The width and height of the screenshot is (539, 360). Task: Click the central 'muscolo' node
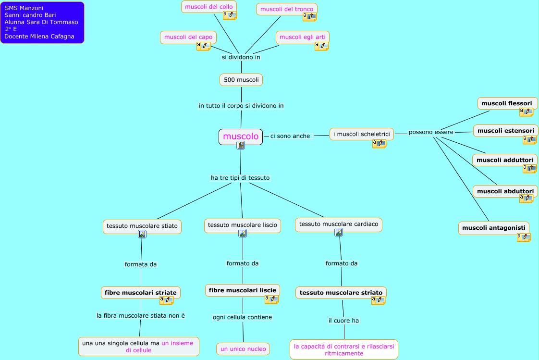tap(241, 137)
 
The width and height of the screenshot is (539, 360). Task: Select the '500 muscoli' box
tap(241, 80)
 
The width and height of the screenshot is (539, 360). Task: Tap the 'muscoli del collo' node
tap(208, 7)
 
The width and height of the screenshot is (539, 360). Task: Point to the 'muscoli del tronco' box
tap(287, 9)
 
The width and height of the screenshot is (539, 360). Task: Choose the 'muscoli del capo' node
tap(188, 37)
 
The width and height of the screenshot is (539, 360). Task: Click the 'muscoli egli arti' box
tap(303, 37)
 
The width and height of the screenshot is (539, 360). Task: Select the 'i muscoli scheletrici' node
tap(362, 134)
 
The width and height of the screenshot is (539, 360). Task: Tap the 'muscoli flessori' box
tap(507, 103)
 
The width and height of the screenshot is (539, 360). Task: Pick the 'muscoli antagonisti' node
tap(494, 228)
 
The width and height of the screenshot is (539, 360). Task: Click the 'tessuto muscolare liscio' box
tap(242, 225)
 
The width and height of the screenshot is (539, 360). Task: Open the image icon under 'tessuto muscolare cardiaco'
tap(339, 233)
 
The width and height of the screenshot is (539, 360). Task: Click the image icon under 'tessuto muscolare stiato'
tap(142, 234)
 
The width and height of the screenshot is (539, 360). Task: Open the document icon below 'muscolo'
tap(241, 145)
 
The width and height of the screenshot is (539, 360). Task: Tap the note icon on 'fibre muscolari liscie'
tap(271, 299)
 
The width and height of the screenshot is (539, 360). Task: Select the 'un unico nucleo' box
tap(243, 349)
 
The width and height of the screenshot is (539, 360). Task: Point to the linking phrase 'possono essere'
tap(431, 132)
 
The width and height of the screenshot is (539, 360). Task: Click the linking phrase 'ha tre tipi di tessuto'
tap(240, 178)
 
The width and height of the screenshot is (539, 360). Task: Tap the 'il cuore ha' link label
tap(343, 321)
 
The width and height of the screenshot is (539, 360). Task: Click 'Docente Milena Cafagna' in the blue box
tap(39, 37)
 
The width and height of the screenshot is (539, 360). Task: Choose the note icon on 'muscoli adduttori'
tap(530, 169)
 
